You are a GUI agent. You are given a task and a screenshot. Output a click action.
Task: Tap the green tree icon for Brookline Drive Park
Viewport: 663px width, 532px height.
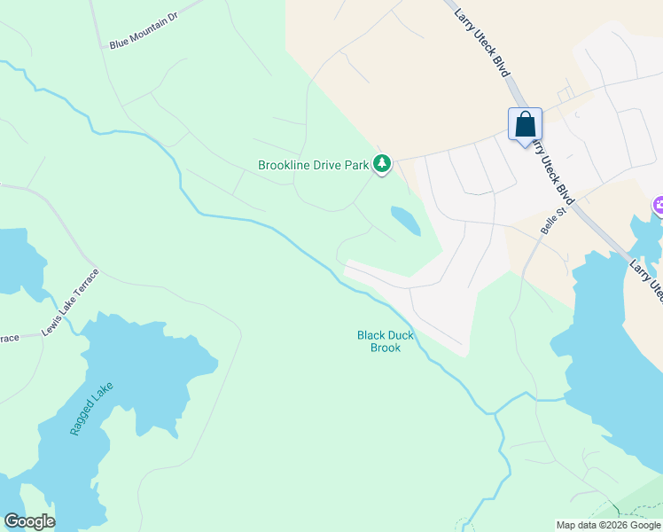click(x=382, y=163)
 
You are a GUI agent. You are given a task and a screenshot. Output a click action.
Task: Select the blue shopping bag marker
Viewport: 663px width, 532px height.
click(x=525, y=125)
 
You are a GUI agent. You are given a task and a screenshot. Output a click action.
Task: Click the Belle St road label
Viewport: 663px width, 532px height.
click(x=553, y=222)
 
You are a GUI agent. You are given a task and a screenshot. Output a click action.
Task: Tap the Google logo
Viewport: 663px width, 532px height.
click(x=29, y=521)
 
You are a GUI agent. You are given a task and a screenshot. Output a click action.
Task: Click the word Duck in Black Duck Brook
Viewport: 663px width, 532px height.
click(x=399, y=335)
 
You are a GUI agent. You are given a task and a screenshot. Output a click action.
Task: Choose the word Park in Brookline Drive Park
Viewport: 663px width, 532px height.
click(x=356, y=165)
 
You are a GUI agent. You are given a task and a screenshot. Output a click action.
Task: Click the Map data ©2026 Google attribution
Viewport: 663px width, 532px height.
click(x=608, y=525)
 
